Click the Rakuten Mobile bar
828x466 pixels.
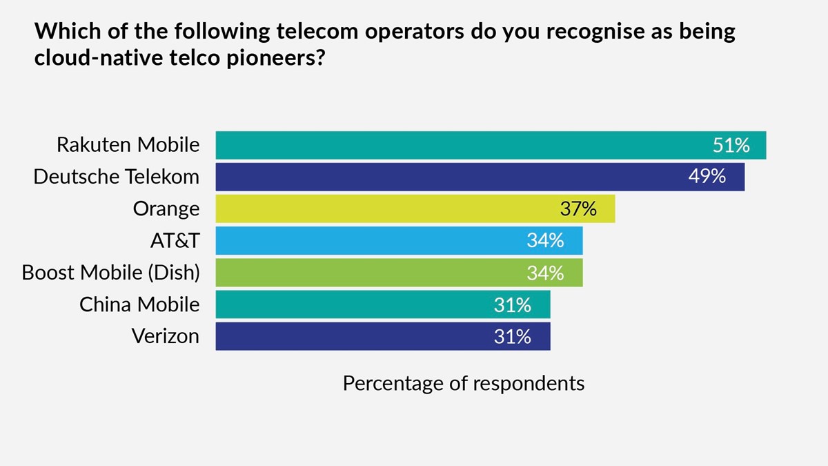483,145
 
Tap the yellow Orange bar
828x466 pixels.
414,208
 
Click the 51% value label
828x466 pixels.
731,145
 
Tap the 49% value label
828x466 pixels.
707,177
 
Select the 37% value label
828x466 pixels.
578,208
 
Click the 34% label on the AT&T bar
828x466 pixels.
545,240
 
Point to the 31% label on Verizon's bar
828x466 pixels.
513,336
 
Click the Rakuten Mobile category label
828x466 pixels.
128,145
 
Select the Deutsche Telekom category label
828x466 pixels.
117,177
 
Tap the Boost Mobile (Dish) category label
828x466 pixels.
110,272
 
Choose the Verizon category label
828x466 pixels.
165,336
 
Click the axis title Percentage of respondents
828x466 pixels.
464,382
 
